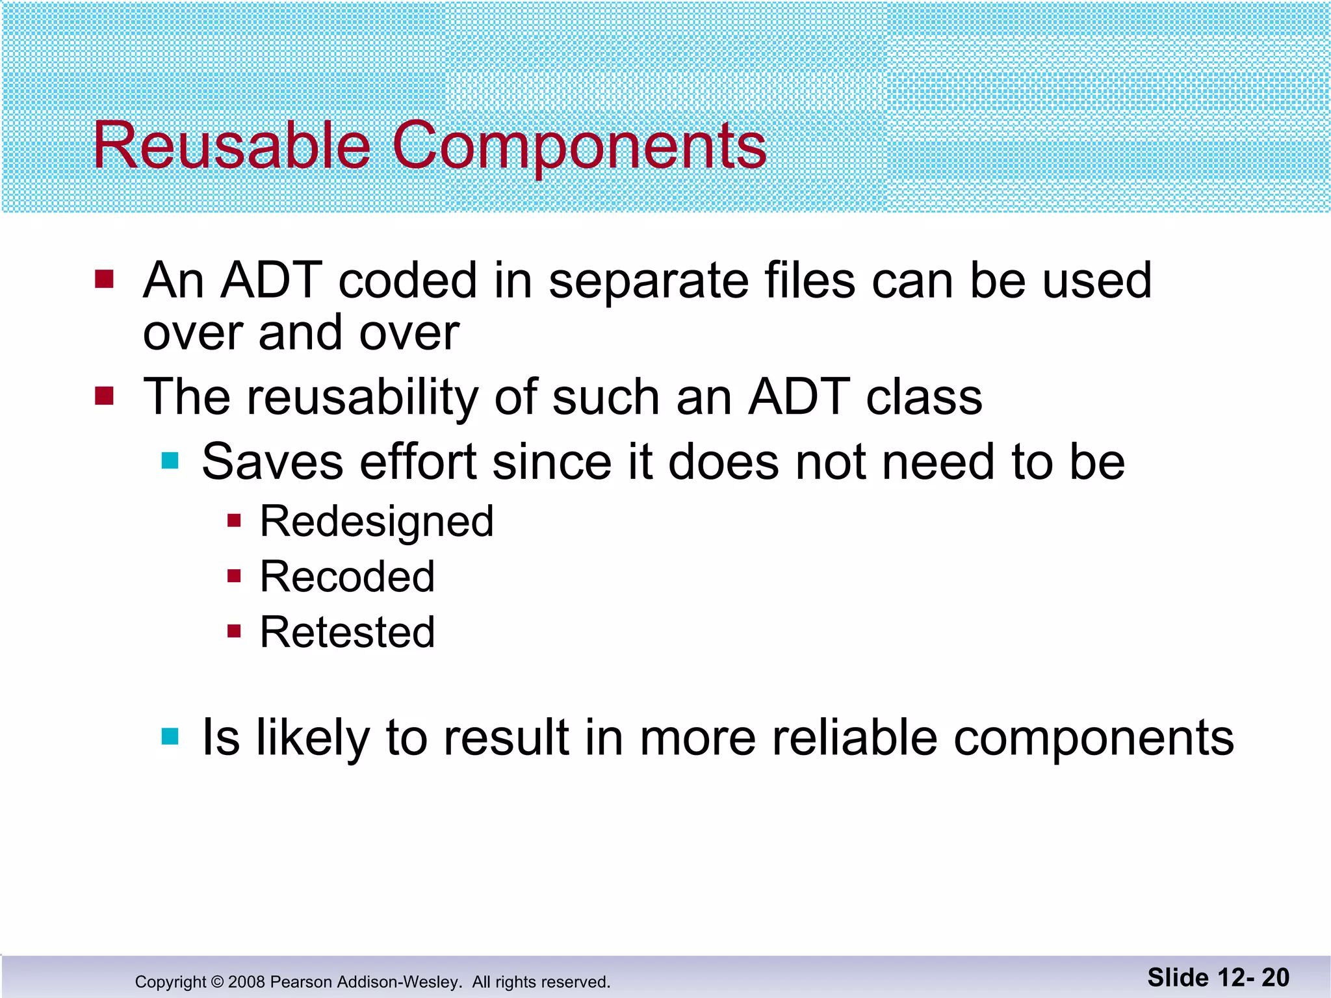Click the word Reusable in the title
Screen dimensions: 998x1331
pyautogui.click(x=231, y=146)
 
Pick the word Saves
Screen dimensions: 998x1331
pyautogui.click(x=272, y=462)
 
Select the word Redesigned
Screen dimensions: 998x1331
pyautogui.click(x=376, y=522)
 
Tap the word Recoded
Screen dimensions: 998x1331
pyautogui.click(x=347, y=576)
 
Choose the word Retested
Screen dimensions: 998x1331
pyautogui.click(x=347, y=632)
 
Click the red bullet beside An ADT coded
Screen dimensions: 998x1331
pyautogui.click(x=104, y=279)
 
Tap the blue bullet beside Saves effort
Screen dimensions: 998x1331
pyautogui.click(x=170, y=461)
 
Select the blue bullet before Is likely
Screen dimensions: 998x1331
pyautogui.click(x=170, y=736)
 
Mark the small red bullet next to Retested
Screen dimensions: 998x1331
pyautogui.click(x=234, y=631)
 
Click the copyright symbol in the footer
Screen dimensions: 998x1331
pyautogui.click(x=217, y=982)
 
